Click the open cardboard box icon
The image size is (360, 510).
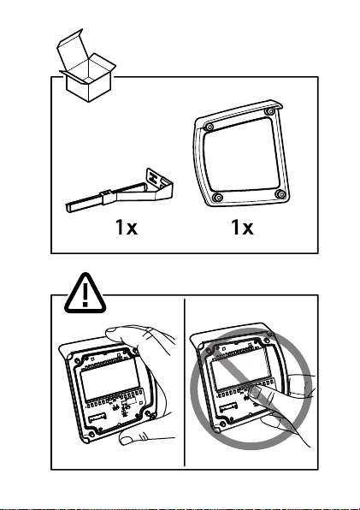tap(87, 67)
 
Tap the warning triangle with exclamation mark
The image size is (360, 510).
tap(86, 294)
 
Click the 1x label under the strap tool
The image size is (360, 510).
tap(127, 227)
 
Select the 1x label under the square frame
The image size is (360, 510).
tap(242, 227)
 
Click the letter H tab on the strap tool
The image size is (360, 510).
tap(153, 178)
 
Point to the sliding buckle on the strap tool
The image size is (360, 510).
tap(108, 198)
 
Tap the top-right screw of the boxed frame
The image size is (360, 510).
tap(269, 111)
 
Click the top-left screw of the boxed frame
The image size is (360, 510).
tap(210, 126)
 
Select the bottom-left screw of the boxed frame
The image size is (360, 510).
tap(218, 197)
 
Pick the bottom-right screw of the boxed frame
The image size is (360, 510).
tap(280, 194)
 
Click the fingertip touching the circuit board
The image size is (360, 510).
tap(256, 392)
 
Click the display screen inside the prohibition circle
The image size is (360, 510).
tap(239, 371)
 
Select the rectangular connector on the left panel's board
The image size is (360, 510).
tap(97, 418)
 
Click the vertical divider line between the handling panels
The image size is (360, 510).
tap(185, 382)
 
